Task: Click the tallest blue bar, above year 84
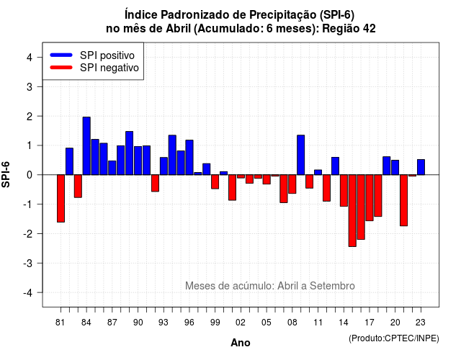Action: click(x=86, y=145)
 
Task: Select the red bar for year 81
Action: click(x=61, y=199)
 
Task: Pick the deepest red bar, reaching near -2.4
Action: click(x=352, y=211)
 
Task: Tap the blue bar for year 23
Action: click(x=421, y=167)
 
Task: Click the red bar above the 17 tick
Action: click(x=370, y=198)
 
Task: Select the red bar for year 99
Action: click(x=215, y=182)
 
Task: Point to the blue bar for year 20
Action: click(x=395, y=168)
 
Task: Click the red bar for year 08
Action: click(x=292, y=184)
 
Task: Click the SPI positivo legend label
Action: click(x=107, y=55)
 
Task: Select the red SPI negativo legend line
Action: click(x=61, y=68)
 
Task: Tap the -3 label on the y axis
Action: click(x=28, y=263)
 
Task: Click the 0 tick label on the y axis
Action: click(x=30, y=175)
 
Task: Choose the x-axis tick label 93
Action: click(x=164, y=323)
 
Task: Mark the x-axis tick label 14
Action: click(x=344, y=323)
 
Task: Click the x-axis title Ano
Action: click(x=241, y=343)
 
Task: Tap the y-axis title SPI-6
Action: click(x=6, y=175)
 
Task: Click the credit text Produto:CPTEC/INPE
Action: click(x=394, y=338)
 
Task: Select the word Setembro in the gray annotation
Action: click(x=332, y=286)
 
